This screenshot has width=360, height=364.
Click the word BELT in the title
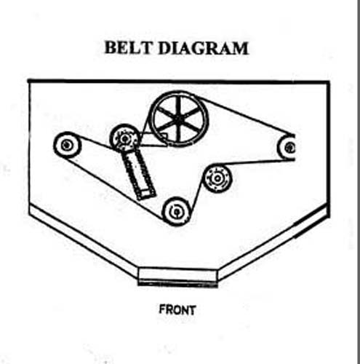[x=129, y=47]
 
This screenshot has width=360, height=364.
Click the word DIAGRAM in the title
[x=204, y=48]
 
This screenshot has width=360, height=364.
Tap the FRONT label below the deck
[x=177, y=310]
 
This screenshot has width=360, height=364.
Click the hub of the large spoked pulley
[x=179, y=119]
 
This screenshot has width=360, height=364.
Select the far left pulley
[x=67, y=145]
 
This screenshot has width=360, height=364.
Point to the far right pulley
[x=287, y=147]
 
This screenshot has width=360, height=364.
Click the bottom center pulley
[x=176, y=212]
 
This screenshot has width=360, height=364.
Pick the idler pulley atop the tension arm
[x=124, y=138]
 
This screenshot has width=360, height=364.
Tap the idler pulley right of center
[x=217, y=178]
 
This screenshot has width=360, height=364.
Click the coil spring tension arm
[x=138, y=173]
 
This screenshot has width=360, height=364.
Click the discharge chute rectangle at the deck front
[x=178, y=277]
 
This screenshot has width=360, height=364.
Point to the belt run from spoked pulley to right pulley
[x=245, y=116]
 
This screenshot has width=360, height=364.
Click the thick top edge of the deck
[x=179, y=82]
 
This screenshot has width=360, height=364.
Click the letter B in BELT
[x=111, y=47]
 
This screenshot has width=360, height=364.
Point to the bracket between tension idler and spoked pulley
[x=153, y=140]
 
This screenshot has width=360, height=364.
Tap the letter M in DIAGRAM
[x=240, y=49]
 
